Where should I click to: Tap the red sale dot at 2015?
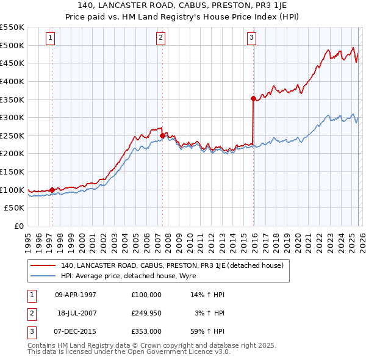coord(253,98)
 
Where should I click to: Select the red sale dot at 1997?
coord(52,190)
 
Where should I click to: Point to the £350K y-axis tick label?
coord(12,99)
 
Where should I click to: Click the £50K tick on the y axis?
coord(15,208)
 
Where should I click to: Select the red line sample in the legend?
coord(43,265)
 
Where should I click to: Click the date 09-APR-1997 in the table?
coord(76,294)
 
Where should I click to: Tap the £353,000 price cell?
coord(146,332)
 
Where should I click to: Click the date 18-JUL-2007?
coord(76,313)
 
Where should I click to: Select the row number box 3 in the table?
coord(32,332)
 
